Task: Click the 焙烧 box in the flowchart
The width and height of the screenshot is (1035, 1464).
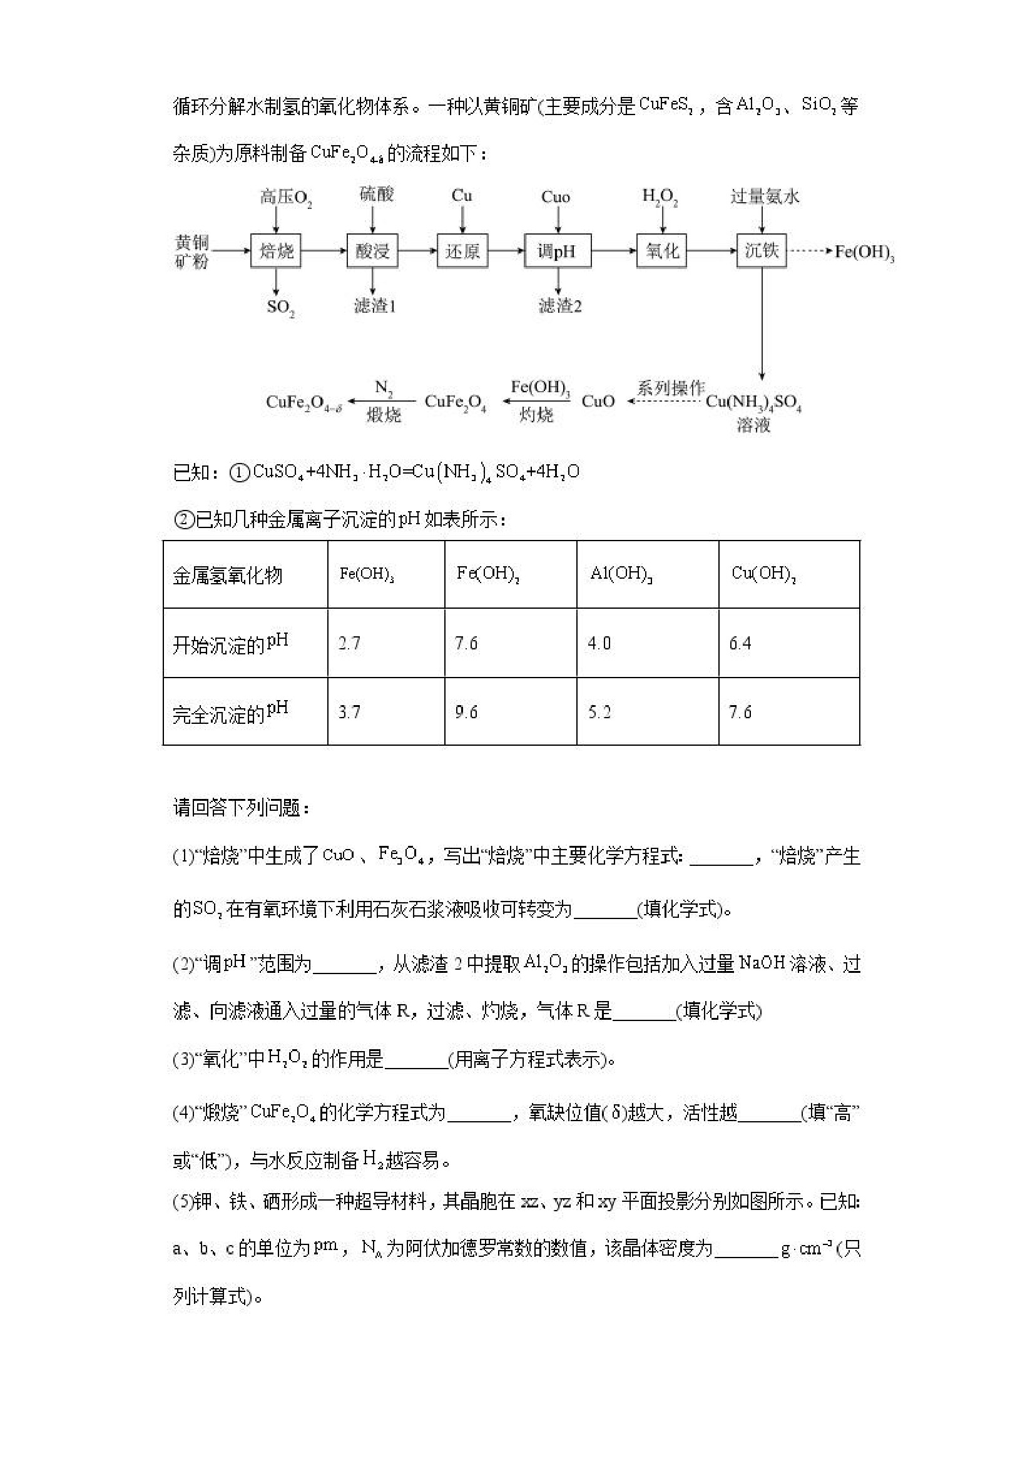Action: tap(276, 251)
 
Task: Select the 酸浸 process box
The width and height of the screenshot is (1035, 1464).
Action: tap(372, 251)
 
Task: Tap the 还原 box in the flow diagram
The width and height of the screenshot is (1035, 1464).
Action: tap(462, 251)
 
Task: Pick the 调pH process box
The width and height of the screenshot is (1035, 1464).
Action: tap(557, 251)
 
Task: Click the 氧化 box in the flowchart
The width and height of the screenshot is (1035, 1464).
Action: tap(662, 251)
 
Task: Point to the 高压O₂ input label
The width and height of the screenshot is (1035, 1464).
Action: tap(285, 197)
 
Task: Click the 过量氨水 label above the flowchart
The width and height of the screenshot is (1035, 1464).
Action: tap(765, 196)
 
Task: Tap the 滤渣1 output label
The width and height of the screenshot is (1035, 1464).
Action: tap(375, 307)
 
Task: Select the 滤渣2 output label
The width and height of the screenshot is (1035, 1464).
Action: tap(560, 307)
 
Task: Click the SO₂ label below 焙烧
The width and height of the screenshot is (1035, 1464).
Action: tap(280, 307)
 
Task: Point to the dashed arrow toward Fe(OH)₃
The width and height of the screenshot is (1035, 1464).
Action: tap(810, 251)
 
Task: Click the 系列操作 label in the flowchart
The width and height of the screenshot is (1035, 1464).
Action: tap(671, 388)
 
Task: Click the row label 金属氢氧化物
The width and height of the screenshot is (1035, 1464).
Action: tap(228, 576)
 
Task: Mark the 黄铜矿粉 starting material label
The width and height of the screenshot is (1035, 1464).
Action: tap(191, 252)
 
